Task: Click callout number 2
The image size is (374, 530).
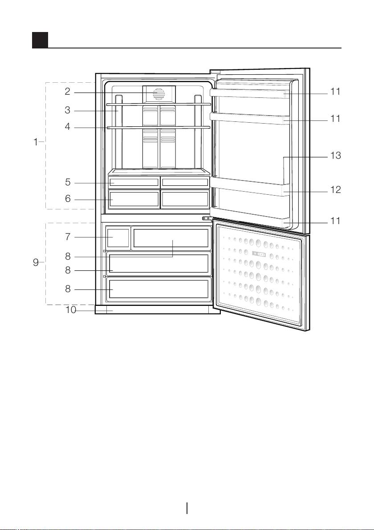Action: (68, 92)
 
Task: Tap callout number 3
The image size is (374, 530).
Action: (68, 110)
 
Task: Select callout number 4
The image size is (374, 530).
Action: (68, 127)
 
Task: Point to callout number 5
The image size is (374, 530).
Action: (68, 183)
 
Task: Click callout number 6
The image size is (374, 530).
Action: (68, 199)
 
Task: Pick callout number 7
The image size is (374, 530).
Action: (68, 237)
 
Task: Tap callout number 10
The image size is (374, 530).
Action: (71, 309)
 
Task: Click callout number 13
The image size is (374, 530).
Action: (335, 156)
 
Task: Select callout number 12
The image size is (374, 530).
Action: (335, 190)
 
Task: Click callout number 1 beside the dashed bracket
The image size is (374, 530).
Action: (36, 143)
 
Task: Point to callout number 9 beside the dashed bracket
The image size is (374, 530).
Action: (36, 263)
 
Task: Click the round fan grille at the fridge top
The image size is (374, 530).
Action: (159, 94)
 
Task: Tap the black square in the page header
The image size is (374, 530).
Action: (40, 40)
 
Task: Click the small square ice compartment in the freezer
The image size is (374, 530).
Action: (118, 237)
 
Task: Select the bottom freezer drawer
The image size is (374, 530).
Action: (159, 289)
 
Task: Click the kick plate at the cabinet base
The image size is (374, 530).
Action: (158, 309)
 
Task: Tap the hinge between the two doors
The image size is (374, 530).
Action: (206, 219)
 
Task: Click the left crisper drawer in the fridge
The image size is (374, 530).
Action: (134, 199)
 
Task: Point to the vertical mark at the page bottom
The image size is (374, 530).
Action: (187, 508)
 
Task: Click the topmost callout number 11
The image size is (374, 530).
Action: (335, 92)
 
